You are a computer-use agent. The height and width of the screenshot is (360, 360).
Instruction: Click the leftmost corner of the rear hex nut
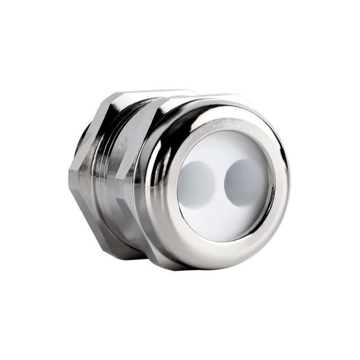coord(70,172)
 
